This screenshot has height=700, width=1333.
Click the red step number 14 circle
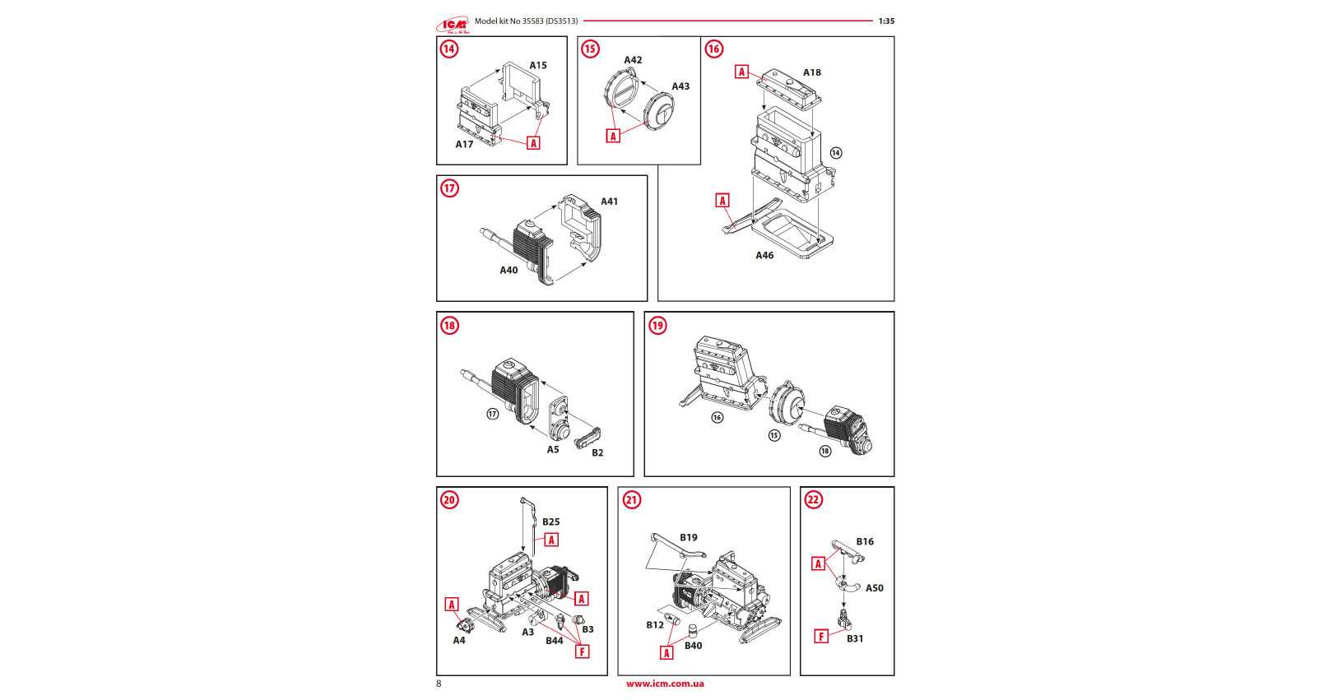coord(448,49)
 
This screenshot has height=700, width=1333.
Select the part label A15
coord(538,66)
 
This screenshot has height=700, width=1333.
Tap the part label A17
coord(464,145)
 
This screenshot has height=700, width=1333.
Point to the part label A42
coord(633,60)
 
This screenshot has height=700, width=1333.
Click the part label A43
coord(680,86)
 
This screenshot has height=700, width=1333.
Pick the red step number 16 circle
coord(713,49)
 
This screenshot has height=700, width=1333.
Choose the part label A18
coord(812,72)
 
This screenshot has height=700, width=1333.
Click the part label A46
coord(764,256)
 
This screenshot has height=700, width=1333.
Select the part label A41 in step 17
coord(609,202)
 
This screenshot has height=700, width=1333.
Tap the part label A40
coord(509,271)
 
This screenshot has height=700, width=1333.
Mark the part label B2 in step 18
coord(597,453)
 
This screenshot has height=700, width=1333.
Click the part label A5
coord(553,450)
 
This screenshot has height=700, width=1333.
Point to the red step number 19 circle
coord(657,326)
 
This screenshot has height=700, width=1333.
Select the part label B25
coord(550,522)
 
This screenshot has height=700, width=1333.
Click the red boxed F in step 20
coord(583,651)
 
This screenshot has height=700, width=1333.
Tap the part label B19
coord(689,538)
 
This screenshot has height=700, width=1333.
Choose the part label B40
coord(694,646)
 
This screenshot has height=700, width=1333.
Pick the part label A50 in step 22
coord(874,588)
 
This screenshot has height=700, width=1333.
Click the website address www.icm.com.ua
coord(665,684)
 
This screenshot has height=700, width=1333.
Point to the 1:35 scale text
coord(886,21)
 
